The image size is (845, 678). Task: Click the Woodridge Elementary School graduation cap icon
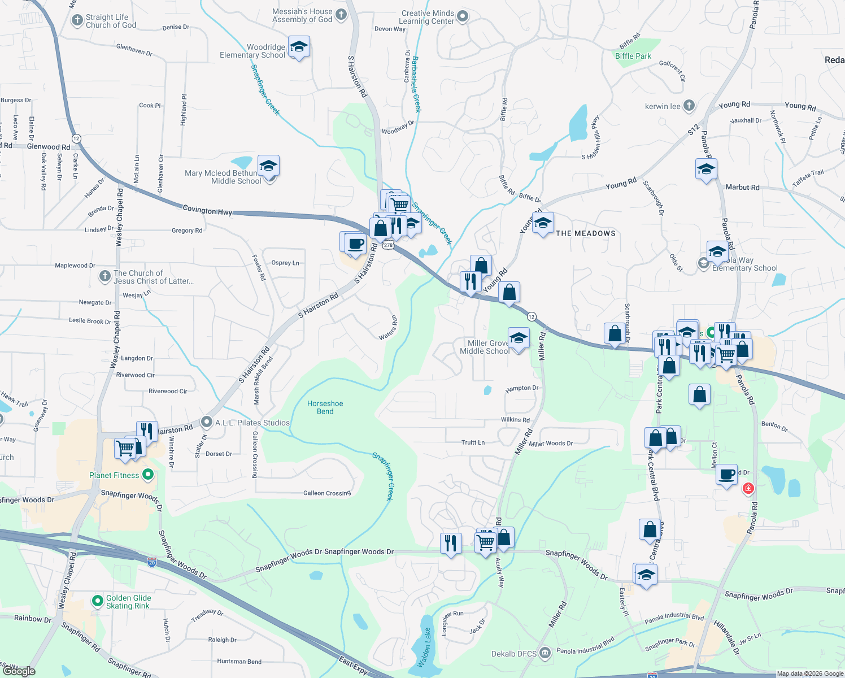coord(298,46)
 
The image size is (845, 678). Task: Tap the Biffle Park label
coord(633,56)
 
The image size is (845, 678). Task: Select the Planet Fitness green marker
coord(148,475)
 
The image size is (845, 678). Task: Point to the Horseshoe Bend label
coord(325,407)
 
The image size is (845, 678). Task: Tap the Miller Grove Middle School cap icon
coord(519,338)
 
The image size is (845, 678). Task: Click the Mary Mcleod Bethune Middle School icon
coord(268,166)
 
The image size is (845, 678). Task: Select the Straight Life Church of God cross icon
coord(77,20)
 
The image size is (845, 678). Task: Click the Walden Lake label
coord(427,647)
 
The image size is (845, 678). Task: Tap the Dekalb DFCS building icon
coord(545,653)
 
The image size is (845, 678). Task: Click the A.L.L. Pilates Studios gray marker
coord(207,423)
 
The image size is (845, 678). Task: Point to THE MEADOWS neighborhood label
coord(585,233)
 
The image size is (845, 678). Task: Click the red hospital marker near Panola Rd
coord(748,488)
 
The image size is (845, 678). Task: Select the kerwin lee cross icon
coord(689,106)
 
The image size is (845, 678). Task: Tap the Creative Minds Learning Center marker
coord(463,16)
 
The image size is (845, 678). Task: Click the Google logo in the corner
coord(19,671)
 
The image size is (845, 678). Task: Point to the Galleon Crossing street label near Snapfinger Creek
coord(327,493)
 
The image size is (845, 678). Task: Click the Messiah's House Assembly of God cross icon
coord(341,15)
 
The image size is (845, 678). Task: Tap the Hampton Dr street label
coord(522,388)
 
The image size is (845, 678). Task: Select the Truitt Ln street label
coord(473,442)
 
